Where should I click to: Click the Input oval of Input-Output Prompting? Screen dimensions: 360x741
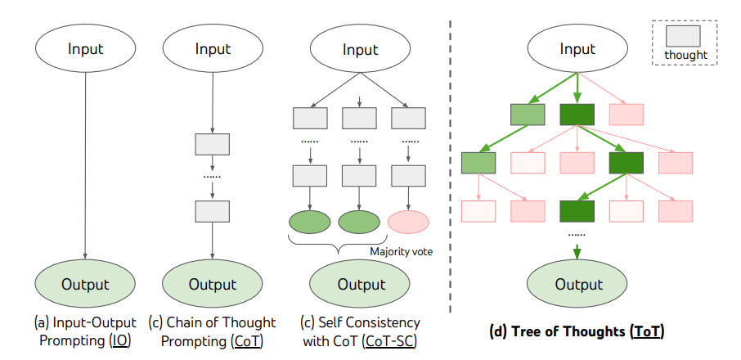[x=86, y=49]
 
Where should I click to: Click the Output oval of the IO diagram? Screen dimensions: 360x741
[x=86, y=285]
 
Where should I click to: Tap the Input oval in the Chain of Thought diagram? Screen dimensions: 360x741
[x=213, y=49]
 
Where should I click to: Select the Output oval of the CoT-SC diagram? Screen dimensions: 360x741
[x=361, y=285]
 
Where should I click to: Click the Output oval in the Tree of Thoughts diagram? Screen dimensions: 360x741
[x=578, y=285]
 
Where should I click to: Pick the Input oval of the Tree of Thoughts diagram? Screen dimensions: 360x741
[x=578, y=49]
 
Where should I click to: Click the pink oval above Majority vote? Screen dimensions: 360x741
[x=408, y=222]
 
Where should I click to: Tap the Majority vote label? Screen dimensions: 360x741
[x=401, y=252]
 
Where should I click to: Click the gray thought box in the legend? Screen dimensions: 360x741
[x=686, y=35]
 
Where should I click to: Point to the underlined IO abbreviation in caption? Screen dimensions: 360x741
[x=121, y=341]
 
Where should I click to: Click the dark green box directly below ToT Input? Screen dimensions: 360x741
[x=577, y=115]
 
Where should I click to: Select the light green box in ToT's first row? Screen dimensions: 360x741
[x=528, y=115]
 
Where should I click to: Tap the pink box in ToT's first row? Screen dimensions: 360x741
[x=626, y=115]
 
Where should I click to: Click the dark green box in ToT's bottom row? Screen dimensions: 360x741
[x=577, y=211]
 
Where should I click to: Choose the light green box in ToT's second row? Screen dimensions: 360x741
[x=478, y=163]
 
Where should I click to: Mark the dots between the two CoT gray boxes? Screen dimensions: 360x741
[x=212, y=175]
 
